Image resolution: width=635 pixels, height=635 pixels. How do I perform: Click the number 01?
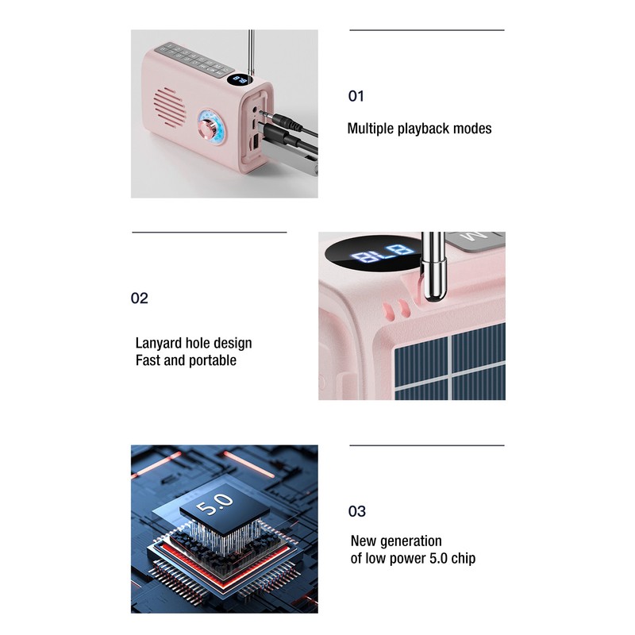click(356, 96)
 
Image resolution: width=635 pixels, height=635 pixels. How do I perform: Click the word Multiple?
click(371, 128)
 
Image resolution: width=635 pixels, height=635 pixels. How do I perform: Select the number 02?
click(140, 298)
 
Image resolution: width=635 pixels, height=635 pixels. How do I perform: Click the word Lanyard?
click(159, 343)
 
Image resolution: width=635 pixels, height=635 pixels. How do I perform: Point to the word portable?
click(212, 360)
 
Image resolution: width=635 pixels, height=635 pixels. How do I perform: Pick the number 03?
click(357, 511)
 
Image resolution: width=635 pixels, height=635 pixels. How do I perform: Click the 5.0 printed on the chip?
click(215, 502)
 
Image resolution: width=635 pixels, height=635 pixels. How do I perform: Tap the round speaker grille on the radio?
click(167, 105)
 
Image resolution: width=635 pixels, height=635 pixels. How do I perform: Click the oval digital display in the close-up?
click(374, 256)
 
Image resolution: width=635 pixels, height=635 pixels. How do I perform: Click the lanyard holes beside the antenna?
click(394, 307)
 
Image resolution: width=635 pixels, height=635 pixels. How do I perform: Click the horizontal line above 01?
click(427, 30)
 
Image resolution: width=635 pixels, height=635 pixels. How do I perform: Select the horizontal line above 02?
click(209, 233)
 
